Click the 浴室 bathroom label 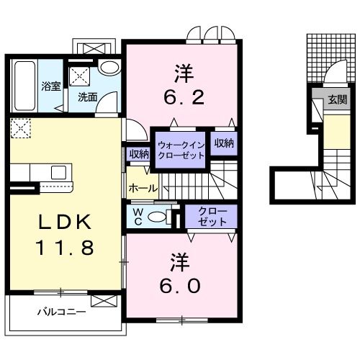[50, 86]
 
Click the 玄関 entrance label [337, 99]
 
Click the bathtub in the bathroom [24, 84]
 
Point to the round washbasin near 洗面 [109, 68]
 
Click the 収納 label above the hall [139, 153]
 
